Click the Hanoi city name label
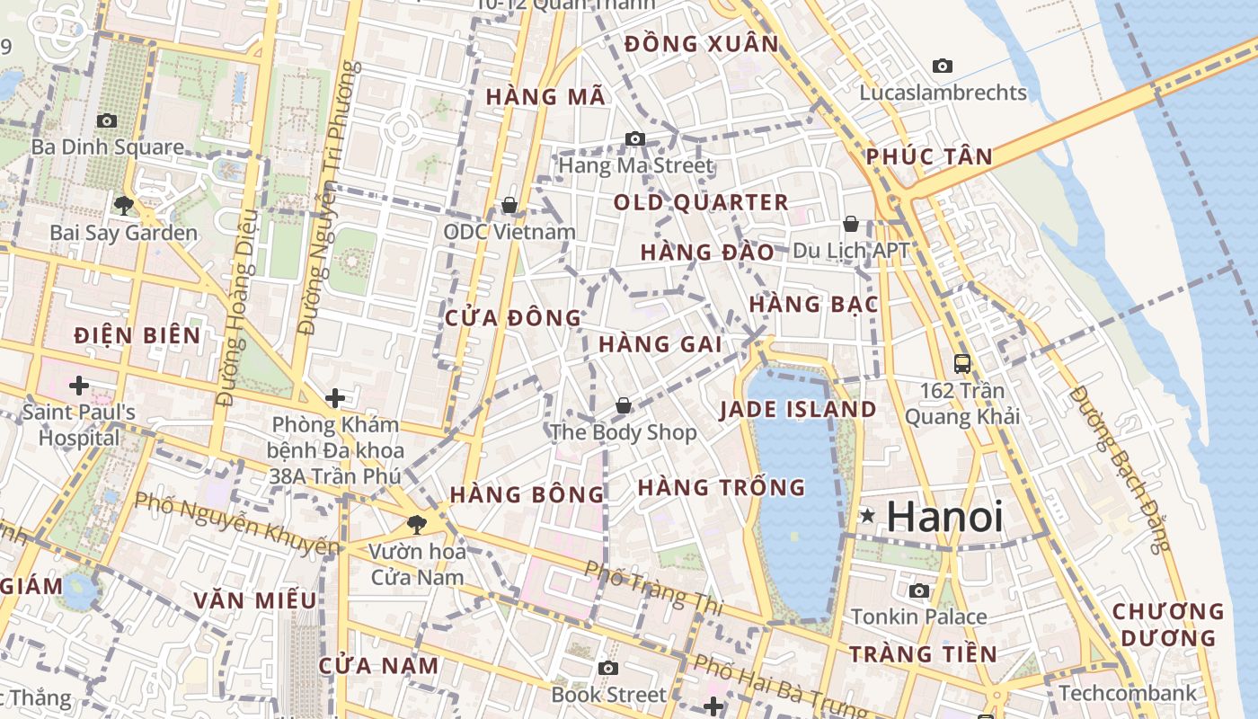944,517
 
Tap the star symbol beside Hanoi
868,516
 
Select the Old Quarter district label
701,202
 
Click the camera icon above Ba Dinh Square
107,120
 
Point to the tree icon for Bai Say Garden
124,206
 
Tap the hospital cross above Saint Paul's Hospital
79,386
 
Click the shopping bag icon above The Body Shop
624,406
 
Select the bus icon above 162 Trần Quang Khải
962,364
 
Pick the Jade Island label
798,410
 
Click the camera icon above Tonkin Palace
918,590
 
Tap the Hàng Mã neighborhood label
546,96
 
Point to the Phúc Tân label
929,157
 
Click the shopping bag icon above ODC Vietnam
509,206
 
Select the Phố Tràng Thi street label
652,588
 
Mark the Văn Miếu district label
255,599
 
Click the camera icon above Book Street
608,668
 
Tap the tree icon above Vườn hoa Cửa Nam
416,524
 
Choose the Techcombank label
1128,693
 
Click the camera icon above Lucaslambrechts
943,66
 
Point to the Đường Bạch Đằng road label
1121,468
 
